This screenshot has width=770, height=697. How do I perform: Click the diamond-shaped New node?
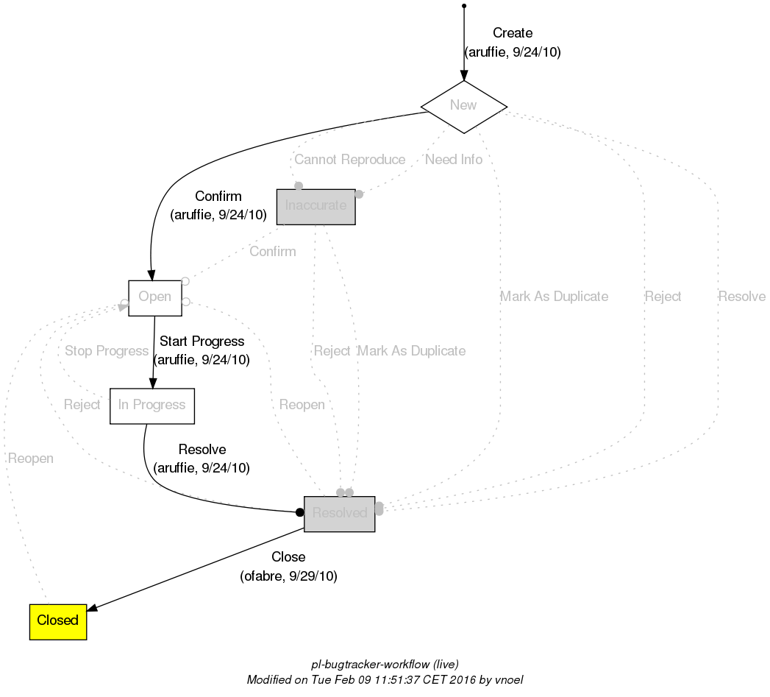coord(463,105)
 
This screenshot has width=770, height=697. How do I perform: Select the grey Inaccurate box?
coord(316,206)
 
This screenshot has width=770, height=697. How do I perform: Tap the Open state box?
coord(154,297)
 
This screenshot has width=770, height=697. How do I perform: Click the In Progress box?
coord(151,406)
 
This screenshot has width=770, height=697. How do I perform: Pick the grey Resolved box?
coord(339,513)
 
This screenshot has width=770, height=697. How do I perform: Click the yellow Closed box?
coord(58,620)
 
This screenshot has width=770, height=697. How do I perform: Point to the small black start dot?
coord(463,6)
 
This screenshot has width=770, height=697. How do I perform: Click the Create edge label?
coord(512,33)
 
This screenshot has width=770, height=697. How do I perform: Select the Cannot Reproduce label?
coord(349,160)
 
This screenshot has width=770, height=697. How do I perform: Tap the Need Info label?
coord(454,160)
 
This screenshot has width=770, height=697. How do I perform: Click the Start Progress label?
coord(202,342)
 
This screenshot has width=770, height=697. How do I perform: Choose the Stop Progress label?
coord(107,351)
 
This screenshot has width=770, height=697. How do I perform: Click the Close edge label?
coord(288,557)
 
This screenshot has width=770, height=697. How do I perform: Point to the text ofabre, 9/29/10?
coord(288,576)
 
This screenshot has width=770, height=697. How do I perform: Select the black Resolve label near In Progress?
coord(202,450)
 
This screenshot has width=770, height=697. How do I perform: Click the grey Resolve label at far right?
coord(741,297)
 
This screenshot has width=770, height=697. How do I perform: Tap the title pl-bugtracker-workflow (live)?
coord(385,665)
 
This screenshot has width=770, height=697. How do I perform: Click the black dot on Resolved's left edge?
coord(299,512)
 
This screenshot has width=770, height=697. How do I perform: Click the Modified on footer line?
coord(385,680)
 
